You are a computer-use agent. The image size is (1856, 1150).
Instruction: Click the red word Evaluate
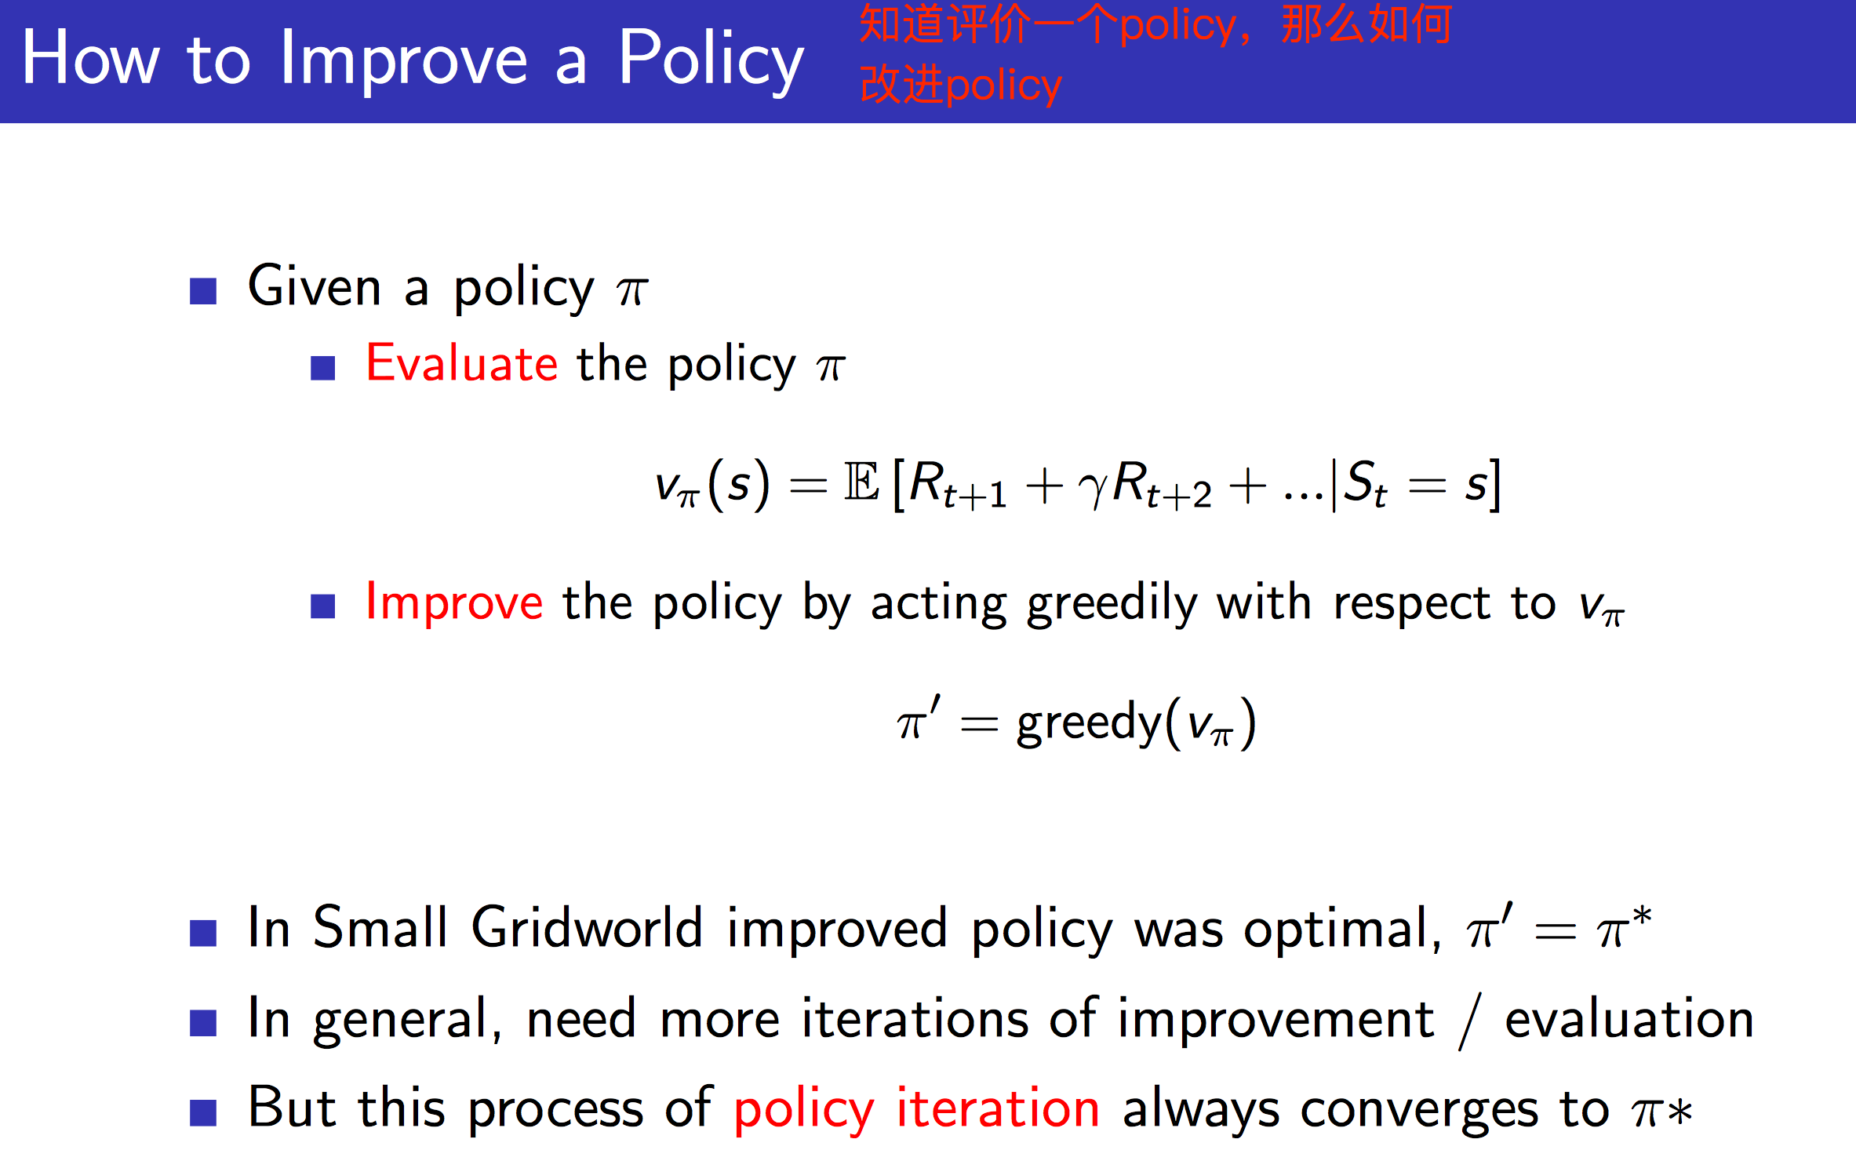461,365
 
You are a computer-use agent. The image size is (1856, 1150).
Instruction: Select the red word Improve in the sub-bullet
454,603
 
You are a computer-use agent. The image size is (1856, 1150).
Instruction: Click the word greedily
1112,605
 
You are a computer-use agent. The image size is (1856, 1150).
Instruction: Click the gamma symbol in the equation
1092,486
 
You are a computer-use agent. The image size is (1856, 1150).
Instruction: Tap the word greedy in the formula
1089,723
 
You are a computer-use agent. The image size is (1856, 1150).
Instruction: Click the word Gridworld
586,929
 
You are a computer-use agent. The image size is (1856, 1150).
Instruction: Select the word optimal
1341,930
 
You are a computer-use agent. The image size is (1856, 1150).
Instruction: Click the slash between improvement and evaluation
1469,1021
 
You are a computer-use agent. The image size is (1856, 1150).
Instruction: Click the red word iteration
997,1109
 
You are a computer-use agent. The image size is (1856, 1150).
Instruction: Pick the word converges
1420,1111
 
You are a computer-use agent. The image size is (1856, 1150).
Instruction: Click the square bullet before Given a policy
203,291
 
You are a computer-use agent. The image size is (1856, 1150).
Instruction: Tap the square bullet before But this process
203,1112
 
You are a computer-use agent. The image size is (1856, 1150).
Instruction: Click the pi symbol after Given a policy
632,291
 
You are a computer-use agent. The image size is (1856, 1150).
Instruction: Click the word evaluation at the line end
1629,1020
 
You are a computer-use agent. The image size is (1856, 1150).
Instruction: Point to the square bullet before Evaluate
322,368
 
